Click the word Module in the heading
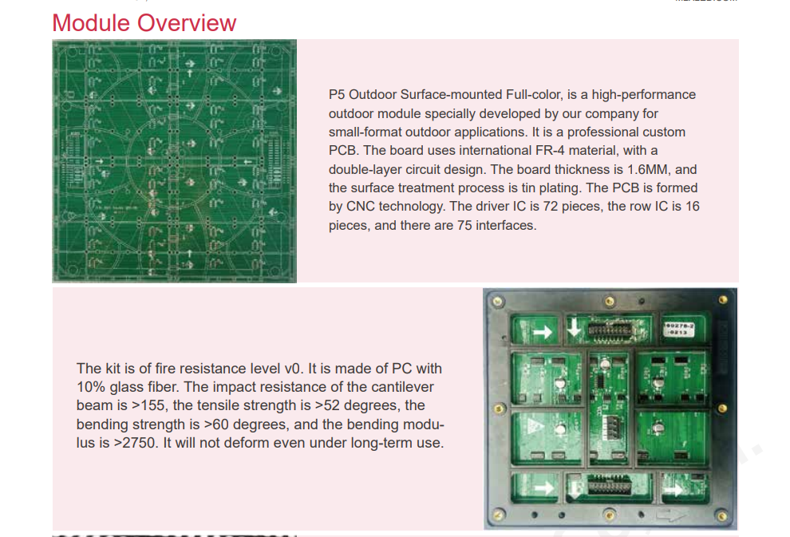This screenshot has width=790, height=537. pos(91,23)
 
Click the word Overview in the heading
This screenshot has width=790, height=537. pos(187,23)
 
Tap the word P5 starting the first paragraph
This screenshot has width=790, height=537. pos(337,95)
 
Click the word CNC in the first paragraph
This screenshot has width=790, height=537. pos(360,207)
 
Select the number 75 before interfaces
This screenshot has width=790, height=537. pos(464,225)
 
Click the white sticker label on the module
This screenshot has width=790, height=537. pos(679,330)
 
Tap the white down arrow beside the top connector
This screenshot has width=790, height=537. pos(575,330)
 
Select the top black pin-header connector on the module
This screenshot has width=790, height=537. pos(610,330)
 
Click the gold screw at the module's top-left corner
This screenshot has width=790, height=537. pos(498,302)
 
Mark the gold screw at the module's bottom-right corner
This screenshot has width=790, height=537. pos(722,516)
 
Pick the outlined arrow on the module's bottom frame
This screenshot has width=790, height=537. pos(673,515)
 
